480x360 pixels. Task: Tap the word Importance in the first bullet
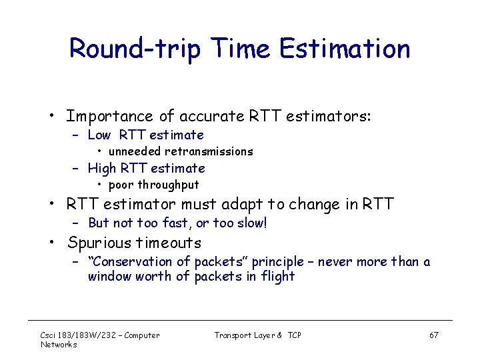[105, 117]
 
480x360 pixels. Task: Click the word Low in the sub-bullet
[99, 135]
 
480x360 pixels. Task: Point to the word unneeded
[135, 151]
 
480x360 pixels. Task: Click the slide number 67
[434, 335]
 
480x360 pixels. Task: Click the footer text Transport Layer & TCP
[257, 335]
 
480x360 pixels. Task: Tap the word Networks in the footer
[59, 344]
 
